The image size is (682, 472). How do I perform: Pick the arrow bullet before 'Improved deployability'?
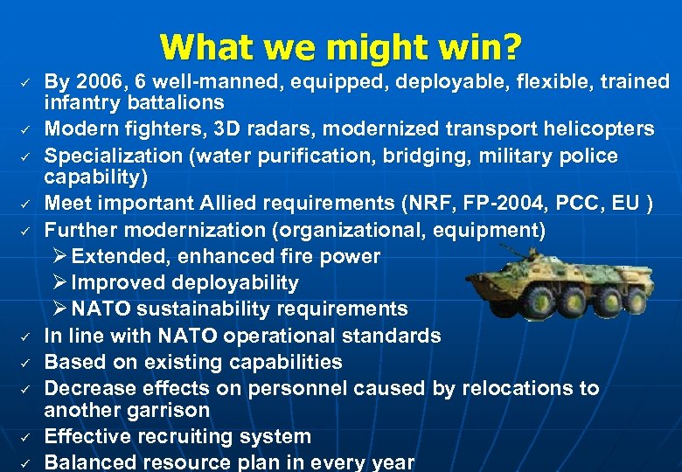point(59,283)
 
